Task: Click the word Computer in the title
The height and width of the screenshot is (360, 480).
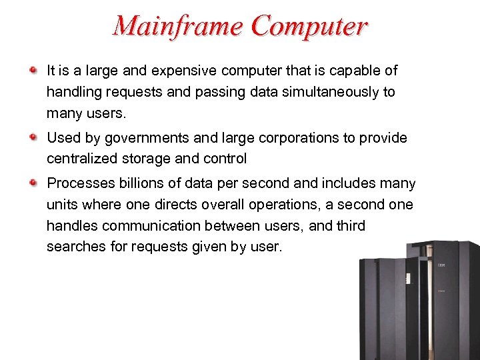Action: tap(309, 26)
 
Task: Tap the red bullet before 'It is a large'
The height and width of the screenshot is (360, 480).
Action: tap(33, 69)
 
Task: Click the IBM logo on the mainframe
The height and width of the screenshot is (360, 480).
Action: tap(441, 266)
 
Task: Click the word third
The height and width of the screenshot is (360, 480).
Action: tap(351, 226)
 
